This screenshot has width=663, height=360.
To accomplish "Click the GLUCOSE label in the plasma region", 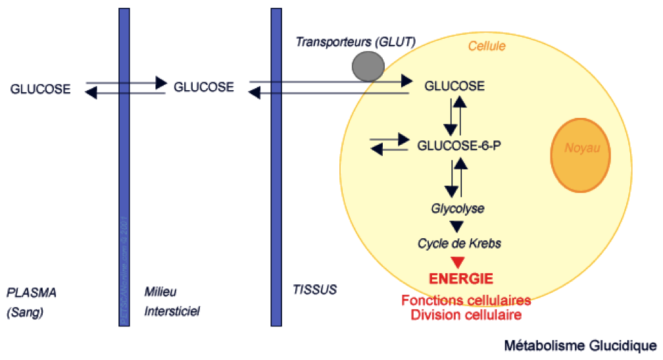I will pyautogui.click(x=40, y=90).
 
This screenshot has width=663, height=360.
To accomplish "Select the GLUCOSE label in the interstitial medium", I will pyautogui.click(x=203, y=86).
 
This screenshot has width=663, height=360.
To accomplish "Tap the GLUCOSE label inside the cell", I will pyautogui.click(x=454, y=86).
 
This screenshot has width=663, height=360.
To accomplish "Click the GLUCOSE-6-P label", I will pyautogui.click(x=459, y=145).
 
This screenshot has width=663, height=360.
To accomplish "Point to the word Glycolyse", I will pyautogui.click(x=458, y=209).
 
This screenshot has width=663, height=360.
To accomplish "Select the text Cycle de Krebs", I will pyautogui.click(x=459, y=244).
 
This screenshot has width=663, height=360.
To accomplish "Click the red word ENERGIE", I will pyautogui.click(x=460, y=278).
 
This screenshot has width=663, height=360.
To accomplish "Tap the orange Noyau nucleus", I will pyautogui.click(x=579, y=155).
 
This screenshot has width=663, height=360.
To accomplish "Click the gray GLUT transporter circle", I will pyautogui.click(x=368, y=65).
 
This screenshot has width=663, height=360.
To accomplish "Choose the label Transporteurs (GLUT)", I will pyautogui.click(x=355, y=42).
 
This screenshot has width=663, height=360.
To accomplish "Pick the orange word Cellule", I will pyautogui.click(x=487, y=46).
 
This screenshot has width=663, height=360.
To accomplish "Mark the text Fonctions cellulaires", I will pyautogui.click(x=466, y=301).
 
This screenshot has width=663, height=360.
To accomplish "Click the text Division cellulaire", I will pyautogui.click(x=466, y=315).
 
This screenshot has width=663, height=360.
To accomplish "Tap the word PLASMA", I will pyautogui.click(x=32, y=292).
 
